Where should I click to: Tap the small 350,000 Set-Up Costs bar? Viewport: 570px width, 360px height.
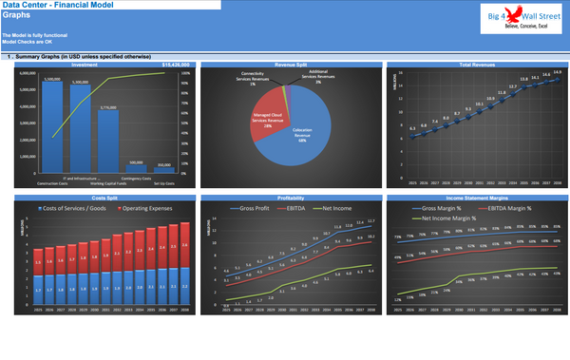point(164,172)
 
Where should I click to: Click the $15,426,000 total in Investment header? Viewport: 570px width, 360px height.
point(175,65)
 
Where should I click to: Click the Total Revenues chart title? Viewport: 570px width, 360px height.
point(478,65)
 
